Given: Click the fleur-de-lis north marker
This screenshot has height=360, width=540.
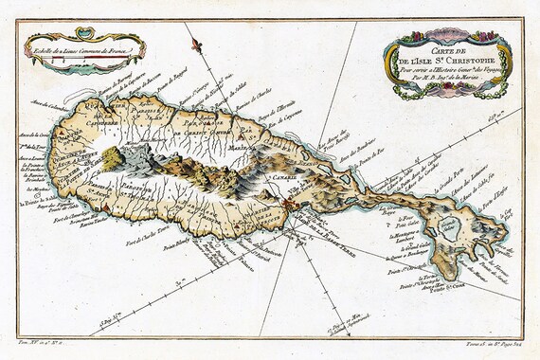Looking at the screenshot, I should pyautogui.click(x=197, y=45).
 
